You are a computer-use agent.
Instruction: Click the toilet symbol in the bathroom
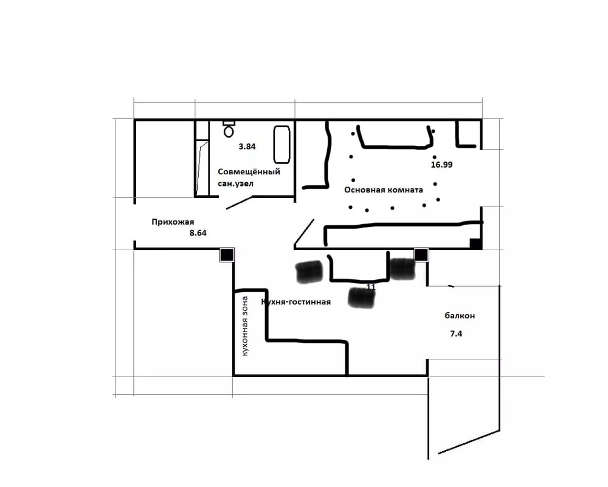pos(229,129)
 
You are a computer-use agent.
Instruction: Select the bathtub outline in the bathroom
pos(282,145)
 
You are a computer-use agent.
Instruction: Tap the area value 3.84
pos(247,147)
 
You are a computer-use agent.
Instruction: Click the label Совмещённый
pos(249,171)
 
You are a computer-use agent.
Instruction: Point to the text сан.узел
pos(235,183)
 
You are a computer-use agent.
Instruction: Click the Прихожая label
pos(173,222)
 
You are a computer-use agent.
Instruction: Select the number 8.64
pos(198,233)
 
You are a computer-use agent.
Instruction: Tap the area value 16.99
pos(441,165)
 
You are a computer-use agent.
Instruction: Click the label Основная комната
pos(384,190)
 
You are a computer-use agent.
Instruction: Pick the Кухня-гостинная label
pos(296,302)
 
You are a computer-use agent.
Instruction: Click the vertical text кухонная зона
pos(244,326)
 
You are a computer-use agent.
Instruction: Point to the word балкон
pos(460,316)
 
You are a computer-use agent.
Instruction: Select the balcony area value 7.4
pos(456,334)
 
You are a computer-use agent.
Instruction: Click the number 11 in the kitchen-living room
pos(371,287)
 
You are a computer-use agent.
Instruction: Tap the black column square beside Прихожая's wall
pos(227,254)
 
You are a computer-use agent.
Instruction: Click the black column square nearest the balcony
pos(421,254)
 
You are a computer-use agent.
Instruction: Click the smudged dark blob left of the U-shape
pos(309,272)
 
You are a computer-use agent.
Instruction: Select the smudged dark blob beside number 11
pos(361,298)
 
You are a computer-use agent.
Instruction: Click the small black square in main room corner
pos(476,244)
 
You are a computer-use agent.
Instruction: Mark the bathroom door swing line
pos(239,203)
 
